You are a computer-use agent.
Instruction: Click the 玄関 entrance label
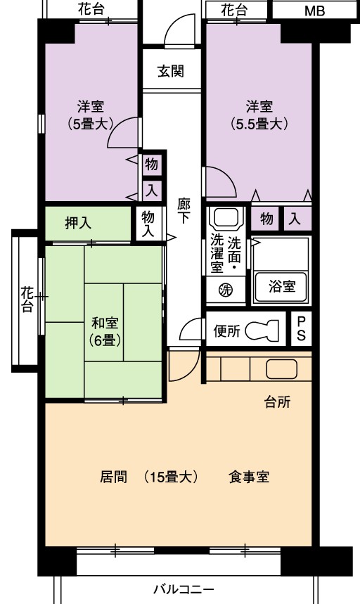[x=171, y=71]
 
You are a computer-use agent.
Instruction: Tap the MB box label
[x=314, y=11]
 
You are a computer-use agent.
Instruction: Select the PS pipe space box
[x=301, y=328]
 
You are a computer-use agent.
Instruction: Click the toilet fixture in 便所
[x=262, y=330]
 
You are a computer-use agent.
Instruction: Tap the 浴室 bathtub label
[x=282, y=286]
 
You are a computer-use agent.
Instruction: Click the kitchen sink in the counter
[x=281, y=369]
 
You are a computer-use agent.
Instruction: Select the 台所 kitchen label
[x=277, y=402]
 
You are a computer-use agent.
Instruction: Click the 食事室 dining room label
[x=249, y=477]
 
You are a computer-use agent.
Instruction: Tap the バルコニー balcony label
[x=184, y=589]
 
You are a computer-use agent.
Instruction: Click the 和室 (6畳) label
[x=105, y=331]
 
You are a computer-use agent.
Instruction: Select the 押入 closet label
[x=78, y=223]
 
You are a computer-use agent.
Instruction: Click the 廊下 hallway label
[x=184, y=211]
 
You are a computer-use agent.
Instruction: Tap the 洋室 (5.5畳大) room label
[x=259, y=115]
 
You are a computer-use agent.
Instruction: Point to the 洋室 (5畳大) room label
[x=90, y=115]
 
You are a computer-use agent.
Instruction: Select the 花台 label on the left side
[x=27, y=300]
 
